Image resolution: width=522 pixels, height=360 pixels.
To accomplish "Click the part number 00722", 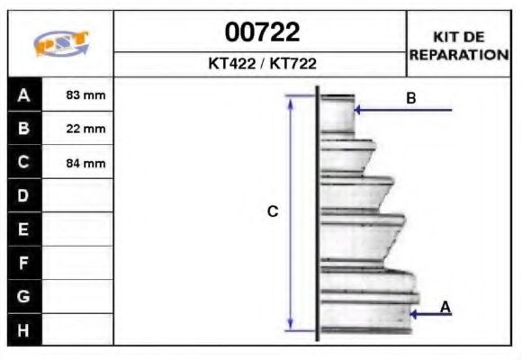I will coord(261,33).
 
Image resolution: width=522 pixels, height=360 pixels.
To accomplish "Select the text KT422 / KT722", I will coord(261,65).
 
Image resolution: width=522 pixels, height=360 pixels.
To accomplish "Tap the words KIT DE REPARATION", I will coord(459,45).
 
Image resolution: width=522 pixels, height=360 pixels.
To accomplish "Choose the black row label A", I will coord(24,94).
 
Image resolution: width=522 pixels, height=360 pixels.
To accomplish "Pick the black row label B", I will coord(24,128).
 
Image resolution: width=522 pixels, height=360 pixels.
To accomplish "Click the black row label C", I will coord(24,162).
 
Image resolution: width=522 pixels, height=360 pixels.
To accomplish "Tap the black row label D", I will coord(24,195).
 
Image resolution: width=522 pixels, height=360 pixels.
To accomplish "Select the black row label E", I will coord(24,229).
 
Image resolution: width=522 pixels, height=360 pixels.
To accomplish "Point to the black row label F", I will coord(24,263).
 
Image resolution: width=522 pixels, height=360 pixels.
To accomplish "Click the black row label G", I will coord(24,296).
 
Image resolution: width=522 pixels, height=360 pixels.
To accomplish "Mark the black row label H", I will coord(24,329).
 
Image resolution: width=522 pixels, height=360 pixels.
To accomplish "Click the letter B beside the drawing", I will coord(411,98).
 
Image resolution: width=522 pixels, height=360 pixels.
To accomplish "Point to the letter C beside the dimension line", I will coord(273,212).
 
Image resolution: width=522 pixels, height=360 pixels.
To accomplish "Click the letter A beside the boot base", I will coord(445,307).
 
